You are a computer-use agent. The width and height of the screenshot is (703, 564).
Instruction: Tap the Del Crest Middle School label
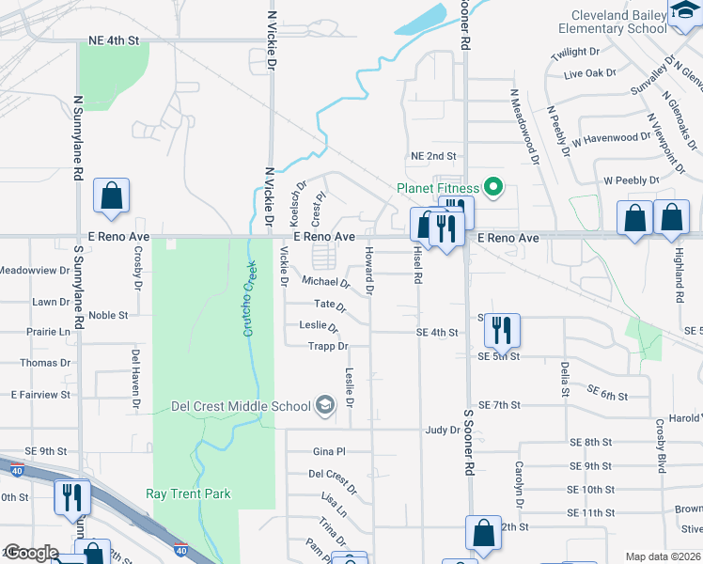click(241, 407)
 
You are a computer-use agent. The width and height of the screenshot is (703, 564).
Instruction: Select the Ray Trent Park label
click(188, 493)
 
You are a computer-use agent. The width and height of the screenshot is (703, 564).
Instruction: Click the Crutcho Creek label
click(250, 299)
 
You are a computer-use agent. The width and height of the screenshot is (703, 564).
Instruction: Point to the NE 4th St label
click(113, 41)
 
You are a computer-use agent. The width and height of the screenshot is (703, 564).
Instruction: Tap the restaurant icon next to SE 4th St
click(501, 330)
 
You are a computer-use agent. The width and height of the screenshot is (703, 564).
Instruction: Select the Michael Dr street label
click(326, 282)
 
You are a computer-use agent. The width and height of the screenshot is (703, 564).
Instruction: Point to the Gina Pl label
click(330, 452)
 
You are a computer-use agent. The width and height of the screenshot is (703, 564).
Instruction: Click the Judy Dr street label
click(441, 430)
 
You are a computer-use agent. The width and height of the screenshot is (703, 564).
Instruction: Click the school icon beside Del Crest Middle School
click(325, 406)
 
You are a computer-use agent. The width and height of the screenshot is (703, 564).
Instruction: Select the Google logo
click(30, 554)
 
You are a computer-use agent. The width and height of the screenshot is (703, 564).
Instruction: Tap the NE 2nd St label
click(433, 156)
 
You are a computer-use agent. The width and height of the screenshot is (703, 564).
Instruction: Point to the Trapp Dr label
click(328, 347)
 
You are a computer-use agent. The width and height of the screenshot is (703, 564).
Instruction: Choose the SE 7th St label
click(499, 405)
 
